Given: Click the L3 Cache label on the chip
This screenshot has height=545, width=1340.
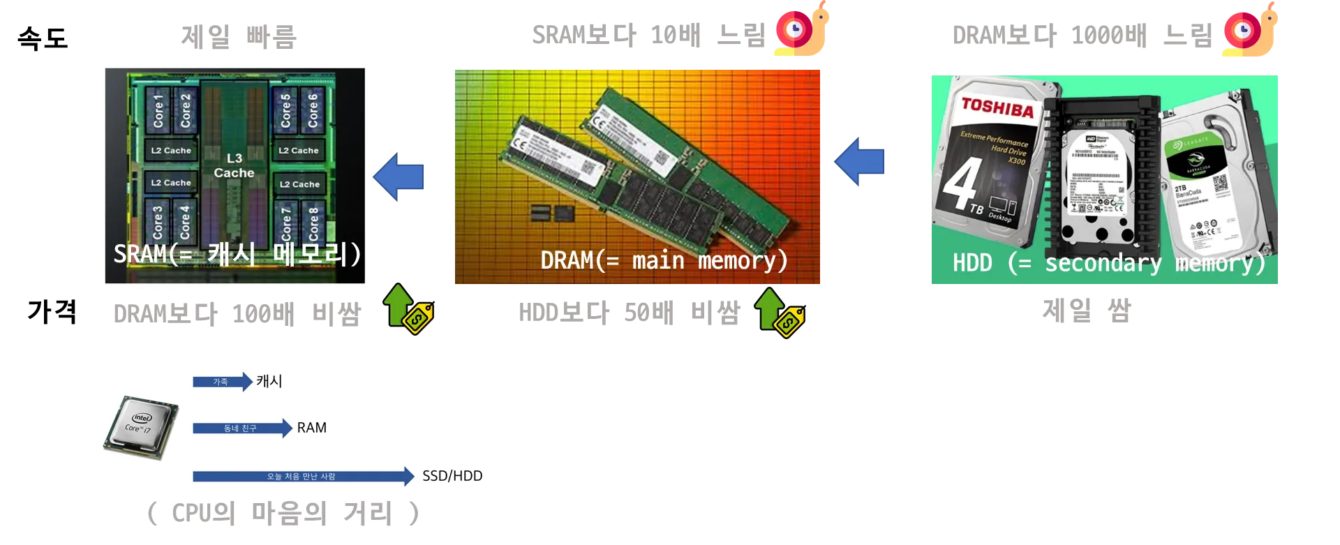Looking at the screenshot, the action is pos(234,165).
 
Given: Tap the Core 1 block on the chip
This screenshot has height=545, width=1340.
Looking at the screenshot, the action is pos(158,110).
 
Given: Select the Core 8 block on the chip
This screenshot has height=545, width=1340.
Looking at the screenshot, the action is pos(313,222).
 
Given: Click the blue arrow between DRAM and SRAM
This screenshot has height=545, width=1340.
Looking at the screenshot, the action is pos(399,177).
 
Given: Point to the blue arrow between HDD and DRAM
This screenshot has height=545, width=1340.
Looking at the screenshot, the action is pos(860,162).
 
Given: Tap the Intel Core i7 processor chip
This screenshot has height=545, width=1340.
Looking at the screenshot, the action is pos(141,427).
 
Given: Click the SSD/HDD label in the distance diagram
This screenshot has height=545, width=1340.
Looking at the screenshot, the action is pos(452,476).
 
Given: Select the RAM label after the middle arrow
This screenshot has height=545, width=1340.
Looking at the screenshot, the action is pos(311,428).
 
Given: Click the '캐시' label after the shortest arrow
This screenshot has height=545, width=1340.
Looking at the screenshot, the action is pos(269,381).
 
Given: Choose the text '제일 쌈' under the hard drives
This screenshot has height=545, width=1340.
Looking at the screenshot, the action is pos(1086,310).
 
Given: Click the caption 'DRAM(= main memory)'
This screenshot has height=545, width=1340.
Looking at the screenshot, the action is pos(664,260).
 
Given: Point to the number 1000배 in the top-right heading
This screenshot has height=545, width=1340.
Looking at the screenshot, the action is pos(1108,35).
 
